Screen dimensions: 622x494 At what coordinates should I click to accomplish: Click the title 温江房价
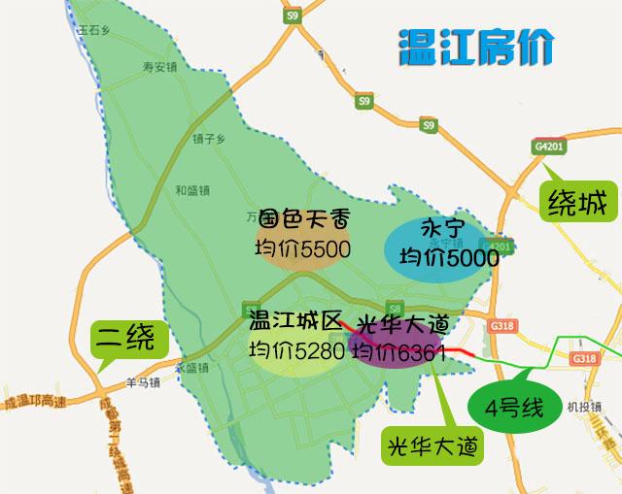(476, 47)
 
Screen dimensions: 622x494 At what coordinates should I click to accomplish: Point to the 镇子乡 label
(209, 139)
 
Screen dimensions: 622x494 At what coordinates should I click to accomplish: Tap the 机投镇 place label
(579, 407)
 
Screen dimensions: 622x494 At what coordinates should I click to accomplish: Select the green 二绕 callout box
(124, 339)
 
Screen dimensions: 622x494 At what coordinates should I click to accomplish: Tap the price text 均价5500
(301, 250)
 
